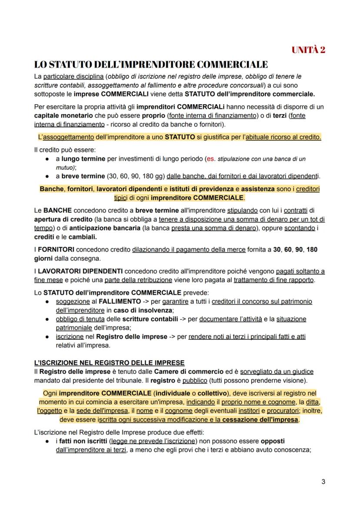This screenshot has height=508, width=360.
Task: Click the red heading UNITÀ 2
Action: tap(308, 50)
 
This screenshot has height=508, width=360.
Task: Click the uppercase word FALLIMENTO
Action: tap(120, 301)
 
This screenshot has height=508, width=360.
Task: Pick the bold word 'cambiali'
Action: tap(84, 237)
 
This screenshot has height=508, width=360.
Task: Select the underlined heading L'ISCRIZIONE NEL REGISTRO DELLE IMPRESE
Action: tap(109, 363)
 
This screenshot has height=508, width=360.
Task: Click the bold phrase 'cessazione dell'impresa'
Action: tap(260, 420)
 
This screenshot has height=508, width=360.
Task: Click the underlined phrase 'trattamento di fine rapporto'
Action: tap(273, 280)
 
